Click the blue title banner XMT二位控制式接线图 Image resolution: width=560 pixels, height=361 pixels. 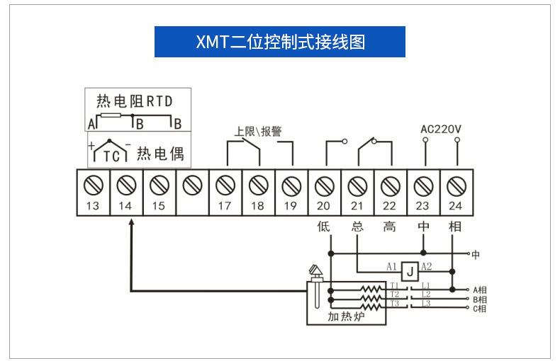pos(279,42)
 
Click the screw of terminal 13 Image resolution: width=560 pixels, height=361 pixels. pos(94,185)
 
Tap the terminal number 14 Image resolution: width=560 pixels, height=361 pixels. pos(125,206)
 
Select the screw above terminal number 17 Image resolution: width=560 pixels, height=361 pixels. pos(225,185)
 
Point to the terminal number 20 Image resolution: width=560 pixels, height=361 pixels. pos(324,206)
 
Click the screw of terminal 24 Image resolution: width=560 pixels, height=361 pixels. pos(455,185)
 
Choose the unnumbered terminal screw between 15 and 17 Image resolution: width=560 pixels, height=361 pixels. pos(191,185)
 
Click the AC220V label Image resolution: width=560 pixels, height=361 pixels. pos(440,130)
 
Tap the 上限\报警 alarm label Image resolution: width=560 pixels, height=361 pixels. pos(257,132)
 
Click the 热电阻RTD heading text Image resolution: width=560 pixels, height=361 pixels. pos(134,101)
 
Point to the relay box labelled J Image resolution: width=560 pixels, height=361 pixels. pos(410,270)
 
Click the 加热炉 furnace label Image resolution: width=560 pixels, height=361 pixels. pos(345,316)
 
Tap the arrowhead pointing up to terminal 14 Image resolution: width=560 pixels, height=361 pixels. pos(131,222)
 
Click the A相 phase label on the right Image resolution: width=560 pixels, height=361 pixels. pos(479,290)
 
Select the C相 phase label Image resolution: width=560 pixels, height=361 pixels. pos(479,309)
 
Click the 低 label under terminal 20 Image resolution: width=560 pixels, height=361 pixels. pos(324,227)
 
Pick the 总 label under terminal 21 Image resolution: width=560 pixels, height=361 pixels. pos(357,227)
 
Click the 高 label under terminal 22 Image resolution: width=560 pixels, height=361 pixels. pos(389,227)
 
